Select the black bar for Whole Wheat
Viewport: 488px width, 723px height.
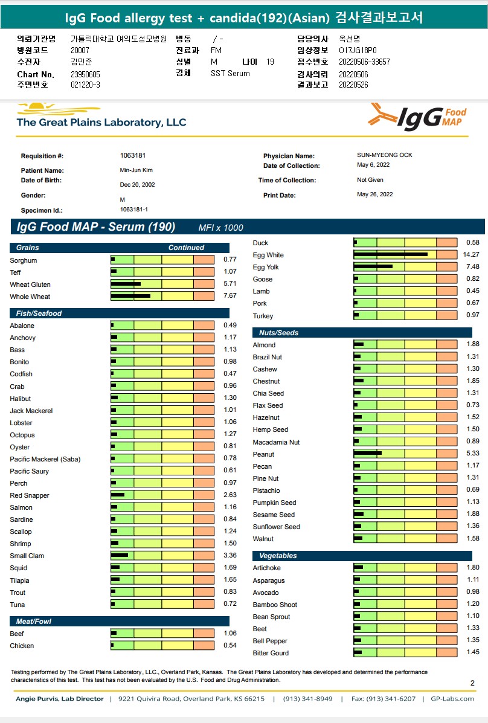[130, 296]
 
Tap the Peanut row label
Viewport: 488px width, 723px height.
[263, 454]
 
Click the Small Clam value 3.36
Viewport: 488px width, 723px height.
[230, 556]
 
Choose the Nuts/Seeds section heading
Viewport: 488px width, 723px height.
[278, 333]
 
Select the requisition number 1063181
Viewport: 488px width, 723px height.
[133, 155]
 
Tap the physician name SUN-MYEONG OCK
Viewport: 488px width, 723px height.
[385, 155]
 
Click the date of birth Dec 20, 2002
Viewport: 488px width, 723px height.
[138, 185]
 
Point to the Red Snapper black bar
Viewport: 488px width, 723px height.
[118, 495]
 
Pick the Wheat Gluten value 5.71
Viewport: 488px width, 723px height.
[230, 284]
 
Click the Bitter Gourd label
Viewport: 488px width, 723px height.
[271, 653]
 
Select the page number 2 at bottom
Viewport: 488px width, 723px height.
[472, 683]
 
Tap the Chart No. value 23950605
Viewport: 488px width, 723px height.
[85, 74]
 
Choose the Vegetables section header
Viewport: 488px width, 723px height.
[278, 556]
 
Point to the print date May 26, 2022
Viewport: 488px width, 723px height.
[375, 194]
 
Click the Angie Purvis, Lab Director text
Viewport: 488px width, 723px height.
[60, 699]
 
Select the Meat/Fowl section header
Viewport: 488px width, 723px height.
[33, 622]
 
